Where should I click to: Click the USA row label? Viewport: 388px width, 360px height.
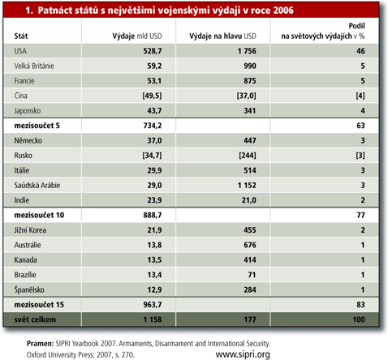(20, 51)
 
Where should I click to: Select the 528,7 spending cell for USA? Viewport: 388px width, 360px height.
(153, 51)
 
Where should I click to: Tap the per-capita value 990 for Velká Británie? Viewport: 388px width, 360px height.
(250, 66)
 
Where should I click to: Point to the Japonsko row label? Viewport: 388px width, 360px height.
(28, 111)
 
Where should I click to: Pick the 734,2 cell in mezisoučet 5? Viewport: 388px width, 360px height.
(153, 126)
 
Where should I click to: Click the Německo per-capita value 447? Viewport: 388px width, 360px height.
(250, 140)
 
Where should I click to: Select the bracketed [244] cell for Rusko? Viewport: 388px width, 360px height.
(248, 156)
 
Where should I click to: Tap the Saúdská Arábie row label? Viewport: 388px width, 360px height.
(37, 185)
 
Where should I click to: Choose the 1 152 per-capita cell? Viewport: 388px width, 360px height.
(247, 186)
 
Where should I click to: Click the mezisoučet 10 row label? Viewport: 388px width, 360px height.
(39, 215)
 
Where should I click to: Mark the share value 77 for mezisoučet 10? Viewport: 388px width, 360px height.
(360, 215)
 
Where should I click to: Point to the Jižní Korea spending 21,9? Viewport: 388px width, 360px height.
(154, 230)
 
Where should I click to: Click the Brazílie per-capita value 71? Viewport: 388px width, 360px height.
(252, 275)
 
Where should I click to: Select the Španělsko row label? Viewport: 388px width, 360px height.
(29, 289)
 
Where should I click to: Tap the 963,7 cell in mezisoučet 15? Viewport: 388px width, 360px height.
(153, 305)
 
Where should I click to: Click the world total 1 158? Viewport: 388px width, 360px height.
(153, 319)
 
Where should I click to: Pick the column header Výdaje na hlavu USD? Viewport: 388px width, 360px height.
(222, 36)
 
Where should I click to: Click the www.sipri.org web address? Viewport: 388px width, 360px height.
(243, 354)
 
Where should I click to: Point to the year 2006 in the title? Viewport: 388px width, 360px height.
(283, 11)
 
